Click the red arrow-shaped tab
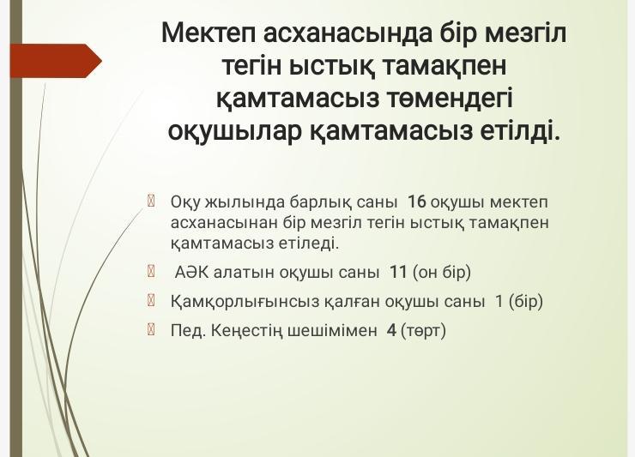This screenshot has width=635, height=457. [56, 61]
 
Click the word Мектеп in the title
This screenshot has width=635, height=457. [209, 33]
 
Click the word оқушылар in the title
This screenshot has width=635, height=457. [235, 131]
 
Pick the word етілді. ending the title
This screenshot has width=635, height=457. [520, 130]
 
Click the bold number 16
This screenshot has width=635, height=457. [416, 201]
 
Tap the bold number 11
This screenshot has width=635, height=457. [398, 272]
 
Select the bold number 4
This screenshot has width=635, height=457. [391, 331]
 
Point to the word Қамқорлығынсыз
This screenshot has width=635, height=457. [245, 302]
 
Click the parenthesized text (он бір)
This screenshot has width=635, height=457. [442, 273]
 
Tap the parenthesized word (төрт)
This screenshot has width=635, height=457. [423, 331]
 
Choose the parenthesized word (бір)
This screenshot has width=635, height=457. [526, 302]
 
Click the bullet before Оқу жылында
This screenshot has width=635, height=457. [151, 201]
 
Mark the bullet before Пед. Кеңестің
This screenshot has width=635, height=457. [151, 330]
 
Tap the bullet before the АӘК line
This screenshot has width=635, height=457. [151, 271]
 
